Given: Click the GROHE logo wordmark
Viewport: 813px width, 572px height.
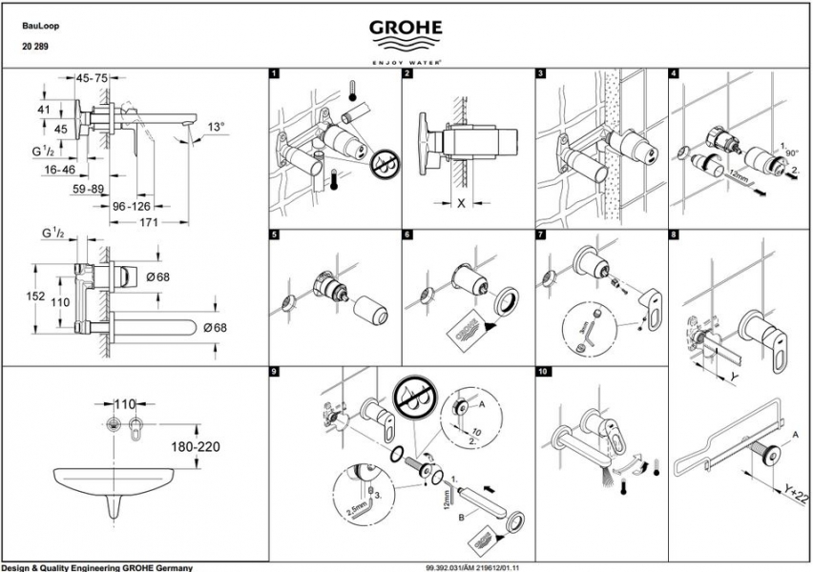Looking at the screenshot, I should point(406,28).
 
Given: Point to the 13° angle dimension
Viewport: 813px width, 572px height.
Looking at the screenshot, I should point(218,126).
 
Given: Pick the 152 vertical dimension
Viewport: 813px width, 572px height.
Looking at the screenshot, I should point(35,296).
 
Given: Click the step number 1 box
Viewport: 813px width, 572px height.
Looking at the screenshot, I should point(275,73).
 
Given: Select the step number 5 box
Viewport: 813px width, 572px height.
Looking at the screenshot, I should point(275,235).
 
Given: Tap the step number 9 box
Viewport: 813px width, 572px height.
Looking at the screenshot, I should point(275,371).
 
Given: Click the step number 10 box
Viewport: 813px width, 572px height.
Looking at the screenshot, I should point(542,371).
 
